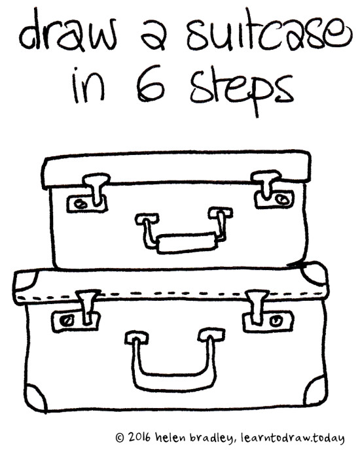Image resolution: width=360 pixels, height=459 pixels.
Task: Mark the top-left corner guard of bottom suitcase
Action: coord(26,284)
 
